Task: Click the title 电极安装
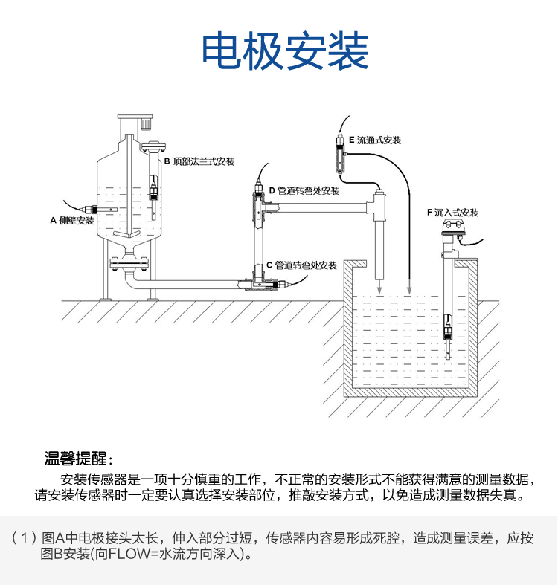(x=286, y=51)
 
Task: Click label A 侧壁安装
(x=72, y=220)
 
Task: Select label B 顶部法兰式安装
(x=199, y=161)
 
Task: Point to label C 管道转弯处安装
(x=301, y=265)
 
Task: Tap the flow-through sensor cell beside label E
(x=340, y=158)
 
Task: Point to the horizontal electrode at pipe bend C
(x=272, y=284)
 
